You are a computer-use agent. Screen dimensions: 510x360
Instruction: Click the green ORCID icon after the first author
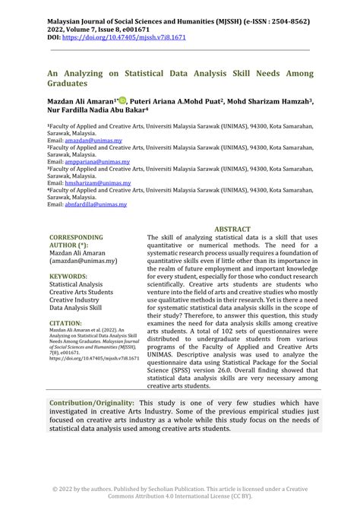tap(121, 100)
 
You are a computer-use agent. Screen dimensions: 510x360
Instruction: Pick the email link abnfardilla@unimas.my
tap(96, 204)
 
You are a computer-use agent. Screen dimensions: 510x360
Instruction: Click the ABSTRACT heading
tap(232, 228)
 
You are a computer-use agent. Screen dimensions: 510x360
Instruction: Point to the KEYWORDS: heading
tap(68, 276)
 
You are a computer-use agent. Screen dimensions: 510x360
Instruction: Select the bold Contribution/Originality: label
tap(92, 402)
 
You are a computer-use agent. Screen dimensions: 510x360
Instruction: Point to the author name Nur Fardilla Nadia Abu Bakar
tap(94, 109)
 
